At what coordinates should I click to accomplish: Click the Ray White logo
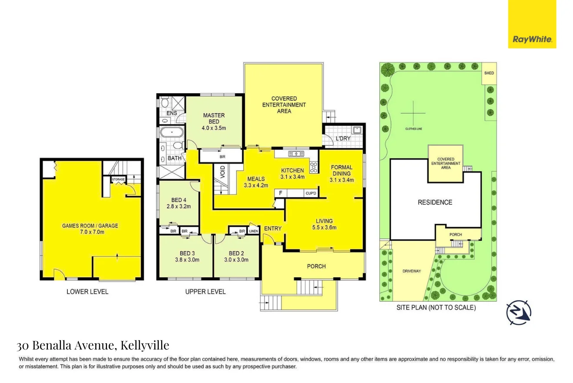point(532,24)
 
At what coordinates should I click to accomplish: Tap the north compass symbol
point(519,312)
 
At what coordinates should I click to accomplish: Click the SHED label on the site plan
point(489,73)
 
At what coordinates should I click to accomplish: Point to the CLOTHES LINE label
point(413,129)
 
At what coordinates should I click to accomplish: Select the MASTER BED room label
point(214,118)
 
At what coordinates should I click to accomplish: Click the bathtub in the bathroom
point(172,133)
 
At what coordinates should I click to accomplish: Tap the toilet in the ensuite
point(164,103)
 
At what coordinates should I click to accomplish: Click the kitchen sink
point(296,154)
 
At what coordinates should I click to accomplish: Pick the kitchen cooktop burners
point(313,167)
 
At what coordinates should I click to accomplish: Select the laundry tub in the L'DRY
point(357,130)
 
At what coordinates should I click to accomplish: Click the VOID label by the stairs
point(223,172)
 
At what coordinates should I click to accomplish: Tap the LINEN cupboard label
point(253,231)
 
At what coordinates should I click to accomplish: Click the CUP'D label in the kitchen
point(311,193)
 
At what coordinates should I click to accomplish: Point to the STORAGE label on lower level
point(118,179)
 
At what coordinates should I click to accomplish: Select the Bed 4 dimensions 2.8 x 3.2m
point(179,206)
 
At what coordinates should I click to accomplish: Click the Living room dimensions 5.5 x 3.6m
point(324,227)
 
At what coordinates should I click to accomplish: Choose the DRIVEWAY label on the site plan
point(412,271)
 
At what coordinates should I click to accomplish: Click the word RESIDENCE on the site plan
point(435,202)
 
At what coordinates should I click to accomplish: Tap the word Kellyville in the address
point(145,346)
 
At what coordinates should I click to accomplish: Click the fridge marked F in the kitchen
point(280,193)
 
